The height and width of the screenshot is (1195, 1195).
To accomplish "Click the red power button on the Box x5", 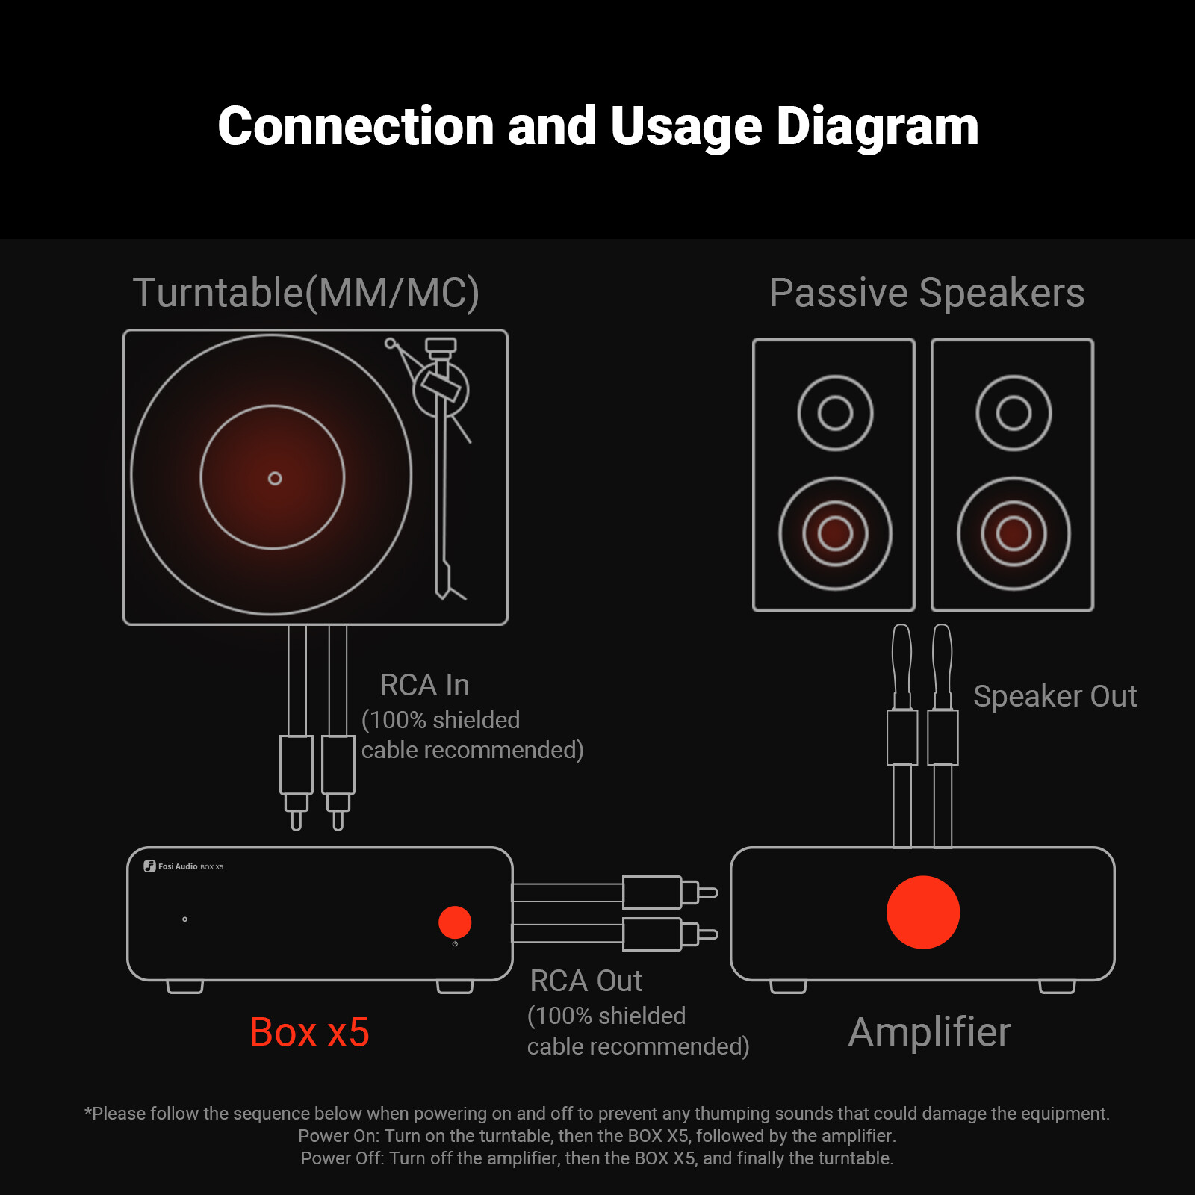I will [454, 922].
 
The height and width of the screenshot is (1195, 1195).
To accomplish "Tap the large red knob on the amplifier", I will [922, 912].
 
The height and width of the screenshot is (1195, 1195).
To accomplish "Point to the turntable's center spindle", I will [275, 478].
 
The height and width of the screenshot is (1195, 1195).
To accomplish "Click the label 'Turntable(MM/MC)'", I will [305, 293].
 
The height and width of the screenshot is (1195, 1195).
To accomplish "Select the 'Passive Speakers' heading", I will [926, 293].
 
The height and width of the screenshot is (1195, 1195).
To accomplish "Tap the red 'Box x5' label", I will [309, 1032].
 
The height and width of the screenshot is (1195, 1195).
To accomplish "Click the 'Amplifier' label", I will [929, 1032].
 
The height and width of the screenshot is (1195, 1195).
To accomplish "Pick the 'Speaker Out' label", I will [1054, 696].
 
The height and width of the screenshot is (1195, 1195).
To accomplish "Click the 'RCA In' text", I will [424, 685].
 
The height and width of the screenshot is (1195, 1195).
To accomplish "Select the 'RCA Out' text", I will [586, 981].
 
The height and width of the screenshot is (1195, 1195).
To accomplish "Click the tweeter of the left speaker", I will [835, 413].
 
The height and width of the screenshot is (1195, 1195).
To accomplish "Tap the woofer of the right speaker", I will [1014, 533].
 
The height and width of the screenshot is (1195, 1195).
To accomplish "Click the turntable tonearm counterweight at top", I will [441, 345].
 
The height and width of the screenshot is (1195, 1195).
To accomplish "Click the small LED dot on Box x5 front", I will [184, 919].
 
